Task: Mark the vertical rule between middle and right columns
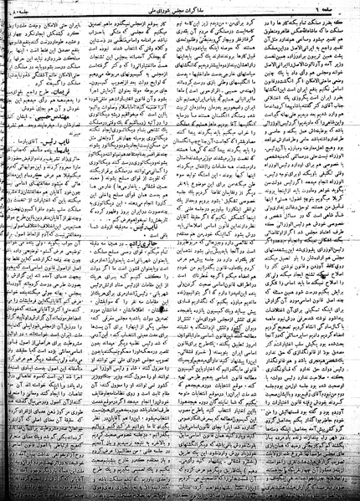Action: click(x=236, y=251)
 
